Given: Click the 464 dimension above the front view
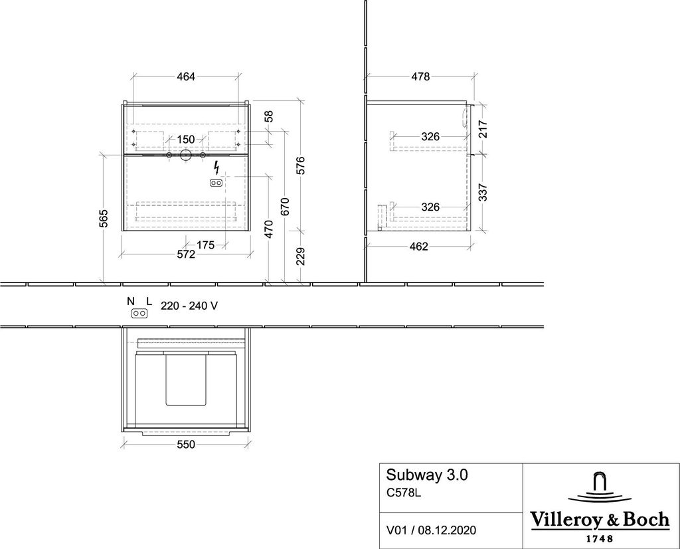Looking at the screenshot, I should coord(185,77).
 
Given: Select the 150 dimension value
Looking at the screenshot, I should coord(186,140).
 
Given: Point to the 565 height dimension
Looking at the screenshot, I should coord(104,217).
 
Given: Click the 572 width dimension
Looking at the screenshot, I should coord(185,255).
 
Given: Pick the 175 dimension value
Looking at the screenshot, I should coord(205,245).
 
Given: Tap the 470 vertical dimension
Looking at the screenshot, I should coord(270,227).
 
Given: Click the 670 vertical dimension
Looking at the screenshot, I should coord(285,207).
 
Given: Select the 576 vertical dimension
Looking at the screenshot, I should coord(300,165).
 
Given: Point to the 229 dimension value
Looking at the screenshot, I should coord(300,257).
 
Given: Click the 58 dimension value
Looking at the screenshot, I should coord(270,116).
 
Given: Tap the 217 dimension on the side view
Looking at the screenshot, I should coord(483,128).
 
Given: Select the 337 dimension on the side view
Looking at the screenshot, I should coord(483,192).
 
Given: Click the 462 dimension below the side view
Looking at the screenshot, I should coord(418,247).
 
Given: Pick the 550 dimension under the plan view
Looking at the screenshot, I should coord(186,445).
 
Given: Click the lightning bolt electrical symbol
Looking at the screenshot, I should coord(216,167).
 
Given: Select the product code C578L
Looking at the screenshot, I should coord(404,493).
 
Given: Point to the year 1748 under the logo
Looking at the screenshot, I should coord(598,538).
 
